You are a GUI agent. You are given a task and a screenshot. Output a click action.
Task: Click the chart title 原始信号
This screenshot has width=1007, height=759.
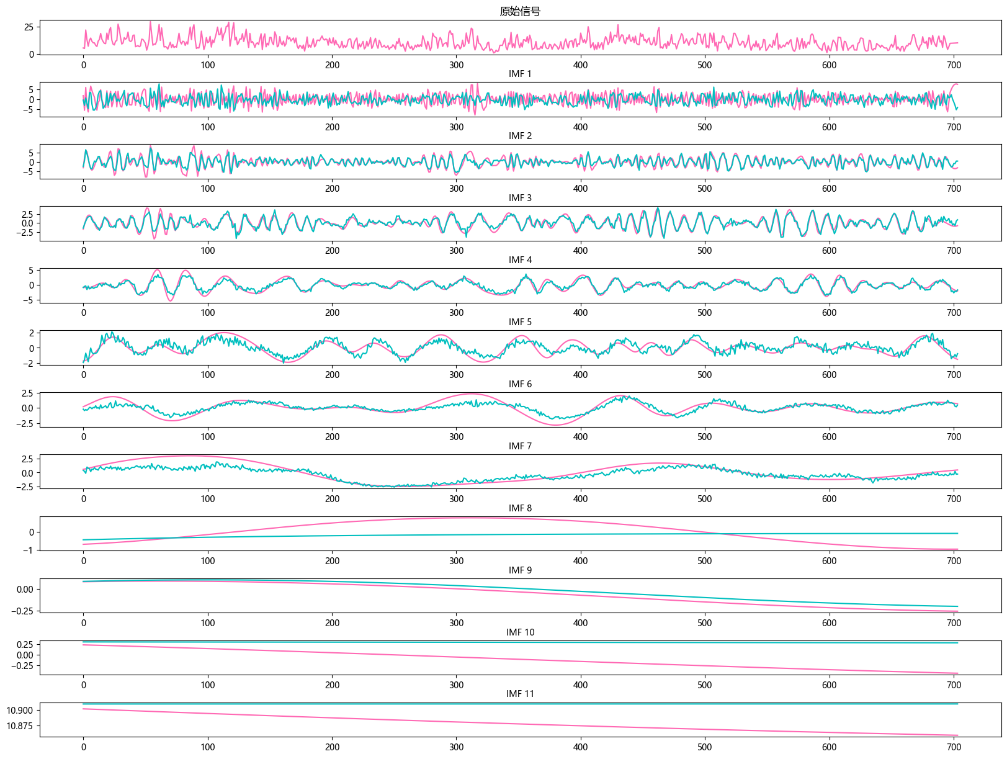[x=520, y=12]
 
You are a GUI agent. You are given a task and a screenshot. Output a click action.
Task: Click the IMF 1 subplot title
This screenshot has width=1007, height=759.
[x=520, y=74]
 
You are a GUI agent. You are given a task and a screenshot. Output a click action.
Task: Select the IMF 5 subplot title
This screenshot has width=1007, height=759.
[x=520, y=322]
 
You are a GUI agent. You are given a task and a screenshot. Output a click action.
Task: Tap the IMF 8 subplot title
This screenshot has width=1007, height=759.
[x=520, y=508]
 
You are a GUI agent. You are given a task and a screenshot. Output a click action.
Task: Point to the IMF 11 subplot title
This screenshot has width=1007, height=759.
[x=520, y=694]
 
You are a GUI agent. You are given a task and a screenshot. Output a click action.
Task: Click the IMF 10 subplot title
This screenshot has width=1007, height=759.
[x=520, y=632]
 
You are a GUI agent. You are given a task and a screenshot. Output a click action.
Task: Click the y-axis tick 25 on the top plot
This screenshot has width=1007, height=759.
[x=29, y=27]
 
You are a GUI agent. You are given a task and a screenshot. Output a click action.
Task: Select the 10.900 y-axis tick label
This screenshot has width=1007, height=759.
[x=20, y=711]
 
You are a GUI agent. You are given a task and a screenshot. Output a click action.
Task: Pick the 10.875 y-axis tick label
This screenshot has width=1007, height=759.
[x=20, y=726]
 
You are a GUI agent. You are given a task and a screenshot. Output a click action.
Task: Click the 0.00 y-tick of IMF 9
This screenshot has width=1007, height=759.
[x=25, y=590]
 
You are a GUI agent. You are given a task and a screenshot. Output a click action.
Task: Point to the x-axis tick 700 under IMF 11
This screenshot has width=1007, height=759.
[x=954, y=747]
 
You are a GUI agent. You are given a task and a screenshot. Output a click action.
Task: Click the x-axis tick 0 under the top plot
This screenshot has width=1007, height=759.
[x=84, y=65]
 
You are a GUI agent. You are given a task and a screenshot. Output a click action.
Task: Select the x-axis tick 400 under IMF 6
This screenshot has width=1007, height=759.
[x=581, y=437]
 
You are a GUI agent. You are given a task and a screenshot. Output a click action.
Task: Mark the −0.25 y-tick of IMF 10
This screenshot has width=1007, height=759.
[x=22, y=666]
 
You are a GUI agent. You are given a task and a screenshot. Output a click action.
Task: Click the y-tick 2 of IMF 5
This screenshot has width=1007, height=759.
[x=32, y=333]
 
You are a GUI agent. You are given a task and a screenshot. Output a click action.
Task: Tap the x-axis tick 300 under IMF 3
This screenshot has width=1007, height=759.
[x=457, y=251]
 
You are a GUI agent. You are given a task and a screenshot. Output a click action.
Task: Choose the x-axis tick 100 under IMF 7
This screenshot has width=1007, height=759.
[x=208, y=499]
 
